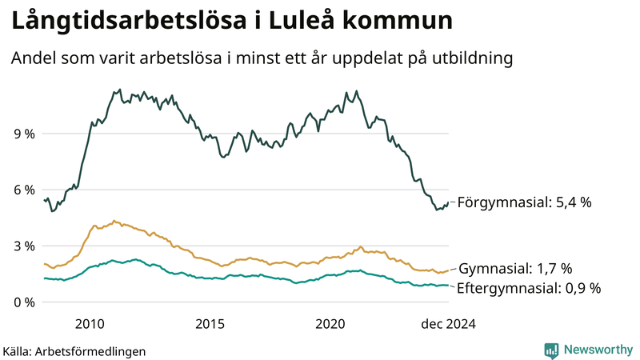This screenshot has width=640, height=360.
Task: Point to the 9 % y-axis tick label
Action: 23,134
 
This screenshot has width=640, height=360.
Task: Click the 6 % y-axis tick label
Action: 23,190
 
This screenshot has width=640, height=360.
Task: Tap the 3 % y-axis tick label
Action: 23,246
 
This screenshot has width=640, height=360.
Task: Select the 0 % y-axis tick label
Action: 23,302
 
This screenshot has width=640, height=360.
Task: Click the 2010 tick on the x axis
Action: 90,324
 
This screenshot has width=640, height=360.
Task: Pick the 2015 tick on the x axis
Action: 210,324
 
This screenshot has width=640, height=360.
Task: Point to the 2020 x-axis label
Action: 330,324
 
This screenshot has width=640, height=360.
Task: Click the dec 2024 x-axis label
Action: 448,324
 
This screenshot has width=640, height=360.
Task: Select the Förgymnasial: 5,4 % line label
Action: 524,203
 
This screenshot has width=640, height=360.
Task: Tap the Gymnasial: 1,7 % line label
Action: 514,268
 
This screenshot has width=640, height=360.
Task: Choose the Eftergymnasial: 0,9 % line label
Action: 528,287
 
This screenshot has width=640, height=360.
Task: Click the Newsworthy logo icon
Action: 551,350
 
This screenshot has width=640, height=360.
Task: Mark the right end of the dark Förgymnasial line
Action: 449,203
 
